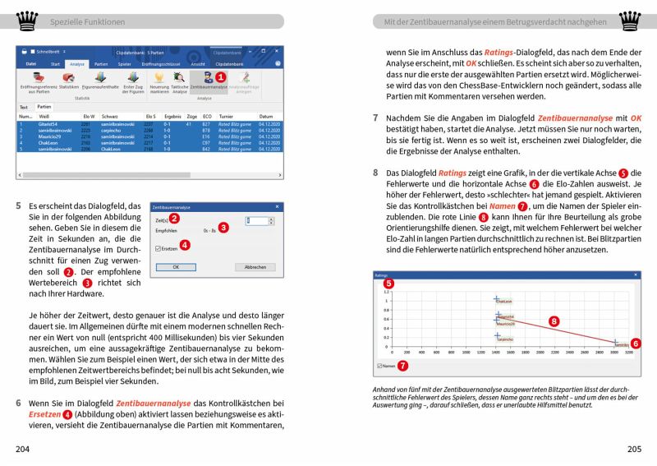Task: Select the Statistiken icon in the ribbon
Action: pos(69,81)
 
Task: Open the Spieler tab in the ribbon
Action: pos(125,62)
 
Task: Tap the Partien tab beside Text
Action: pos(44,107)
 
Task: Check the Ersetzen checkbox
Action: pos(159,247)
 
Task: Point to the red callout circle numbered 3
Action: pos(223,227)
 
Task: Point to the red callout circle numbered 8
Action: pos(554,321)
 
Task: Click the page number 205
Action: pos(632,449)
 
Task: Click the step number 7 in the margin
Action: pos(376,118)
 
